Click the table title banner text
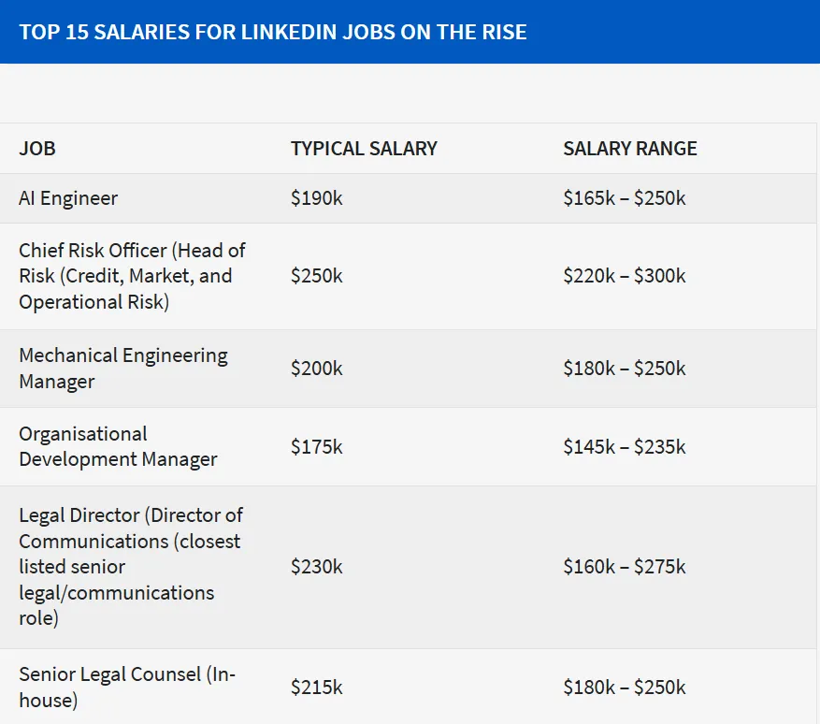point(273,32)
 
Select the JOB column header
point(37,149)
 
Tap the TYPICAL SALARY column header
point(364,149)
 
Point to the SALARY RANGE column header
point(630,149)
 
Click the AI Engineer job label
point(68,198)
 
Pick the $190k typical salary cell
point(317,198)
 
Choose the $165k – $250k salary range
point(625,198)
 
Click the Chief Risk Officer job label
point(132,276)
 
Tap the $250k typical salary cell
point(317,276)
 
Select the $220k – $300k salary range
point(625,276)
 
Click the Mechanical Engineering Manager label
point(122,369)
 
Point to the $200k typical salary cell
point(317,369)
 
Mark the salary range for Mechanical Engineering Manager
point(625,369)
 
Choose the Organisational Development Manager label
point(118,447)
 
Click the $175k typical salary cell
point(317,447)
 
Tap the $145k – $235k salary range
point(625,447)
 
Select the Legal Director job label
point(131,567)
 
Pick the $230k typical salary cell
point(317,567)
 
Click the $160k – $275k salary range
point(625,567)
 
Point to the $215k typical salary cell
point(317,688)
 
